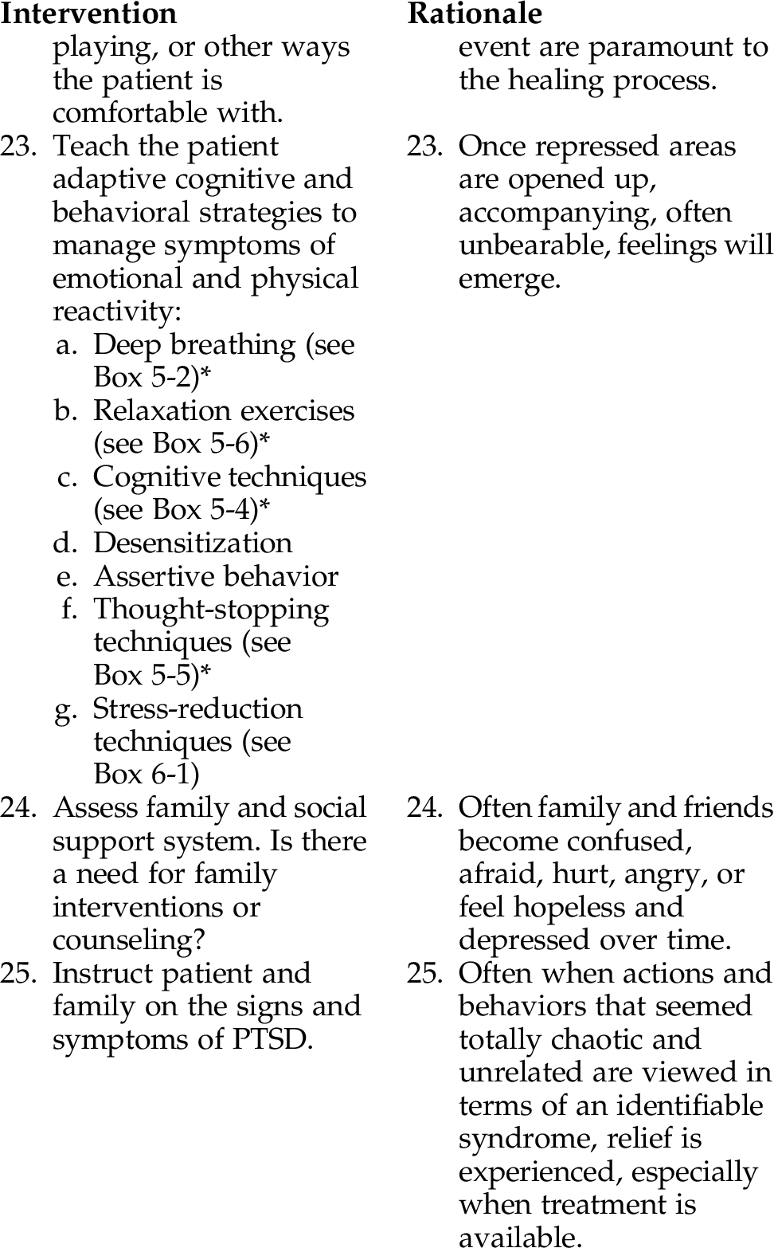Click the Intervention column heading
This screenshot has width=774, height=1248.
(x=88, y=14)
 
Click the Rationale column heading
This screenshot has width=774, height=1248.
(x=475, y=14)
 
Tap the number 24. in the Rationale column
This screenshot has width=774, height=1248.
(x=425, y=808)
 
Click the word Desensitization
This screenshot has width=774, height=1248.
(x=193, y=543)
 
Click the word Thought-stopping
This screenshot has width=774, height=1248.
(x=211, y=610)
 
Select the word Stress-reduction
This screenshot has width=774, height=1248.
(x=197, y=708)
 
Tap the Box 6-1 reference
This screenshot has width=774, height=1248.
(x=146, y=774)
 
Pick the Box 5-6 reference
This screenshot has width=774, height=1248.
(x=205, y=443)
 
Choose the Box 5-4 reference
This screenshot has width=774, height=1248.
(x=205, y=509)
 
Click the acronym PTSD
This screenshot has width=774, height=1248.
(x=268, y=1040)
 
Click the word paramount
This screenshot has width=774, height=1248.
(x=656, y=48)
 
